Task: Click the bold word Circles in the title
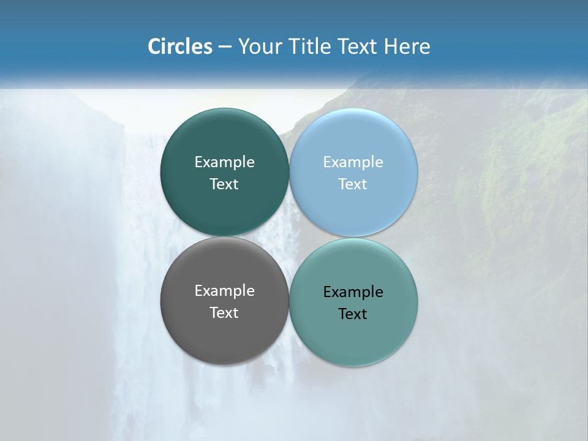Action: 180,47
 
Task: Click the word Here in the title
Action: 407,47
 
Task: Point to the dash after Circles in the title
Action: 225,47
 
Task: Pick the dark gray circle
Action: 224,334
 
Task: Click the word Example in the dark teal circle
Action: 224,162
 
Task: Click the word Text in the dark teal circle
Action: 224,184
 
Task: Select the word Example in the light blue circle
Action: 353,162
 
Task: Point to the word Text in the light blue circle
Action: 353,184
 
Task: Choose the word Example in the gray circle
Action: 224,290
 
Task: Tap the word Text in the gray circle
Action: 224,312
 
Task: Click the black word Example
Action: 353,292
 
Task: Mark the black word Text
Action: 353,314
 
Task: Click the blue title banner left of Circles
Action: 73,47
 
